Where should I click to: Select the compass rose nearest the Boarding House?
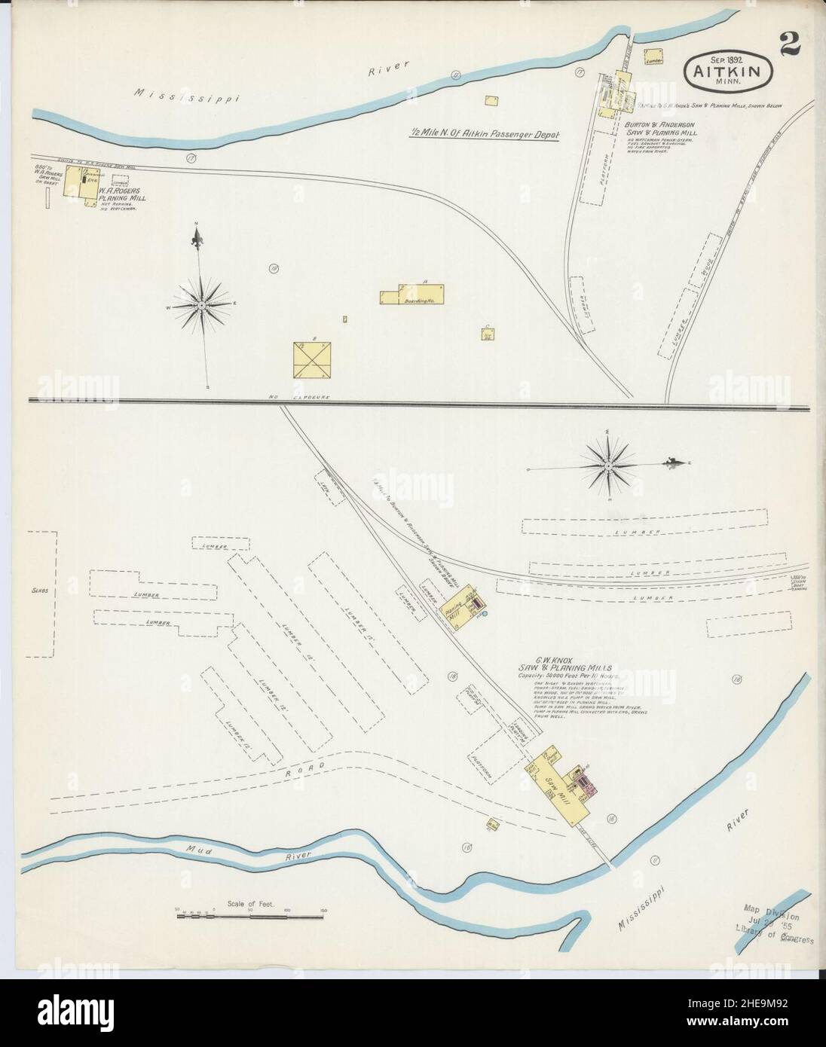201,304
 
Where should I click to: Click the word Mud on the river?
200,852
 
